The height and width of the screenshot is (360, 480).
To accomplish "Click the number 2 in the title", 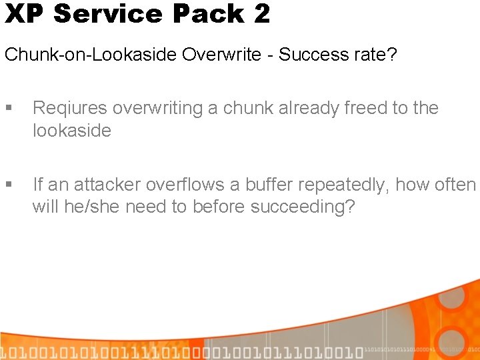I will [x=261, y=13].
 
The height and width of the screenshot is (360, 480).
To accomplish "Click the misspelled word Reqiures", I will [x=71, y=109].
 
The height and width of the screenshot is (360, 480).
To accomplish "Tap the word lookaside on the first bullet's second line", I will [x=71, y=130].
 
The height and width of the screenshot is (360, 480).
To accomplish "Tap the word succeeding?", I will [x=303, y=207].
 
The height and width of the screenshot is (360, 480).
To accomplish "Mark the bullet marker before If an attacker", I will [x=9, y=185].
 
